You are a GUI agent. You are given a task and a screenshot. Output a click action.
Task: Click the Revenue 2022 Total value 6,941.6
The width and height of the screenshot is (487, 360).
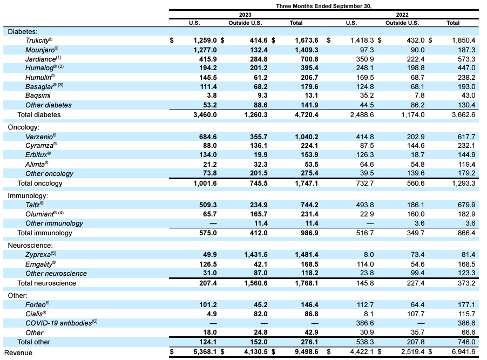coord(461,352)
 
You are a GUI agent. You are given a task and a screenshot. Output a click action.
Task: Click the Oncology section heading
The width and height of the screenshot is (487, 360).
coord(23,127)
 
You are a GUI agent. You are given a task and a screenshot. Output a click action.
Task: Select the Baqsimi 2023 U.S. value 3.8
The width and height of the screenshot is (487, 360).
coord(211,95)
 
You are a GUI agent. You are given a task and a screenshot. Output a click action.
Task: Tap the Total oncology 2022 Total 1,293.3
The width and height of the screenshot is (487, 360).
coord(461,183)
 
